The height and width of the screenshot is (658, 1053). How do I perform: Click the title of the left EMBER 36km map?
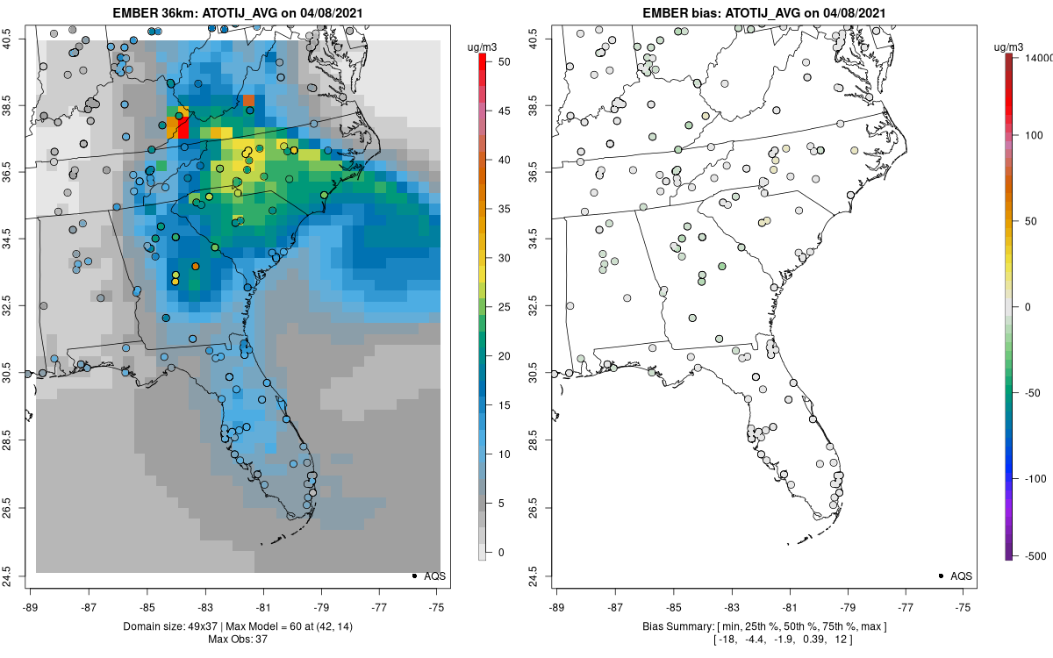[x=237, y=12]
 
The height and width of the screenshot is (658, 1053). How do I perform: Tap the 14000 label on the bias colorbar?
[x=1039, y=57]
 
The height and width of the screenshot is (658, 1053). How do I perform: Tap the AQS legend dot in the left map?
[x=413, y=576]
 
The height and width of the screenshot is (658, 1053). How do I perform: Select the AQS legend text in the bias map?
[x=961, y=576]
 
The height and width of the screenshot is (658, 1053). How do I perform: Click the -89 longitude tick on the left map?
[x=31, y=606]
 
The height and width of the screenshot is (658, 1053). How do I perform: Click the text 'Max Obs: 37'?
[x=237, y=640]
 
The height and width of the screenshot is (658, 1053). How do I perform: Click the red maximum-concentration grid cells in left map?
[x=183, y=127]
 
